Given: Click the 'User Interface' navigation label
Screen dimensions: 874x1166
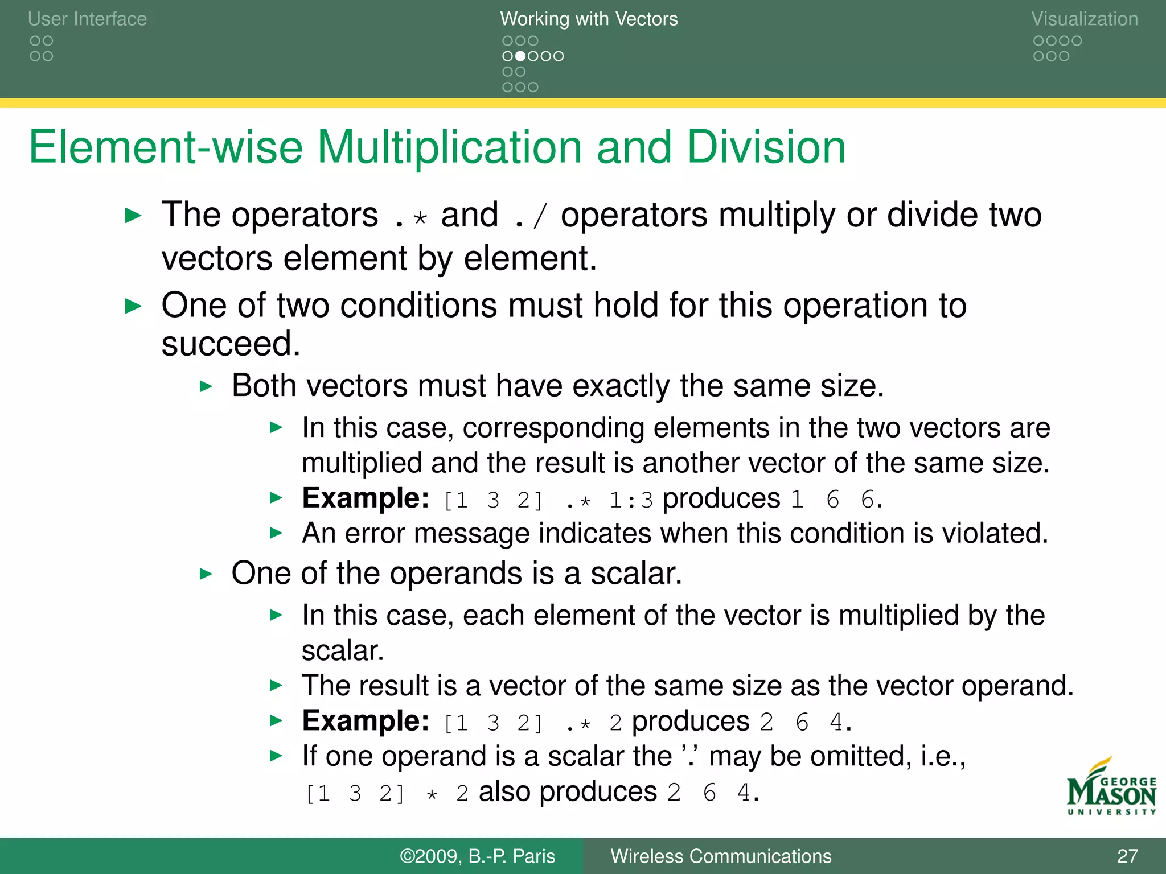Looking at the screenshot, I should coord(87,19).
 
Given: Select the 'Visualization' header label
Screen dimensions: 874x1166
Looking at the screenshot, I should coord(1084,19).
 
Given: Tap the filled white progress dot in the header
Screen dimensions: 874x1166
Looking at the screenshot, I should coord(520,56).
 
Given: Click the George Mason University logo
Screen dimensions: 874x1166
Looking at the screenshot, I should coord(1111,788).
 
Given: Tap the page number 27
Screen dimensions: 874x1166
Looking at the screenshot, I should coord(1127,856).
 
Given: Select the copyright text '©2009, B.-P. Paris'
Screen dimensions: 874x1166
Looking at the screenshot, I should coord(477,856).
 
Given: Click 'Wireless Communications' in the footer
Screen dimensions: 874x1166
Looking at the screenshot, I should coord(721,856).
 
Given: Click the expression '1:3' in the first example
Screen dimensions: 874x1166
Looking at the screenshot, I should coord(631,500).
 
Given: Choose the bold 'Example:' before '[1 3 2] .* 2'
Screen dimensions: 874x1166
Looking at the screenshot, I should coord(366,721).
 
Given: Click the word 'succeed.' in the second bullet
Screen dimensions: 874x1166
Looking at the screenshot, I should coord(231,344).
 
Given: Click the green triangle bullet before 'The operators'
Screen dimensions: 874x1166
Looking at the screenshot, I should coord(133,216).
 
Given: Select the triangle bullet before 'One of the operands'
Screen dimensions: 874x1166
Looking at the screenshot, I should coord(206,574).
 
